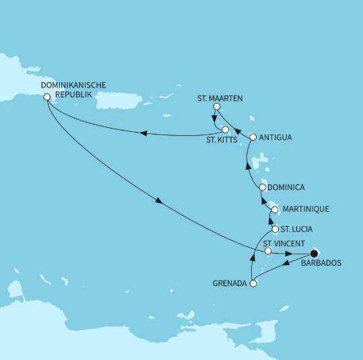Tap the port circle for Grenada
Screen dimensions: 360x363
click(x=253, y=283)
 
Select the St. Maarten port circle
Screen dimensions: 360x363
click(x=216, y=106)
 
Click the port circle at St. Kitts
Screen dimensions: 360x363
click(x=226, y=130)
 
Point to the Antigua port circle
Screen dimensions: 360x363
click(x=253, y=137)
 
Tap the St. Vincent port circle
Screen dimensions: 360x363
click(x=269, y=251)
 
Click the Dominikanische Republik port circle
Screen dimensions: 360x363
click(x=46, y=97)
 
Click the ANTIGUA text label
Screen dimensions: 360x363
click(x=275, y=137)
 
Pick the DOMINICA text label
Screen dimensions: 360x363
click(x=287, y=186)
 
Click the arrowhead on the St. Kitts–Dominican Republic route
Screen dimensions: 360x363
click(x=143, y=133)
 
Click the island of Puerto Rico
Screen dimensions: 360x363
click(x=119, y=100)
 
